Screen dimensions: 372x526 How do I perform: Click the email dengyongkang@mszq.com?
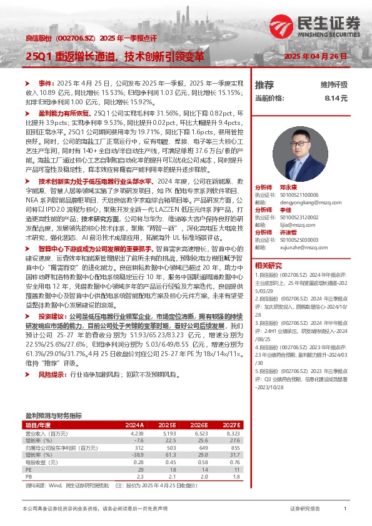298,202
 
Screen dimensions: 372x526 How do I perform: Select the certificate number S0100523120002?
298,217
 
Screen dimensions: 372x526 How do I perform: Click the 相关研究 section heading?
268,265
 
